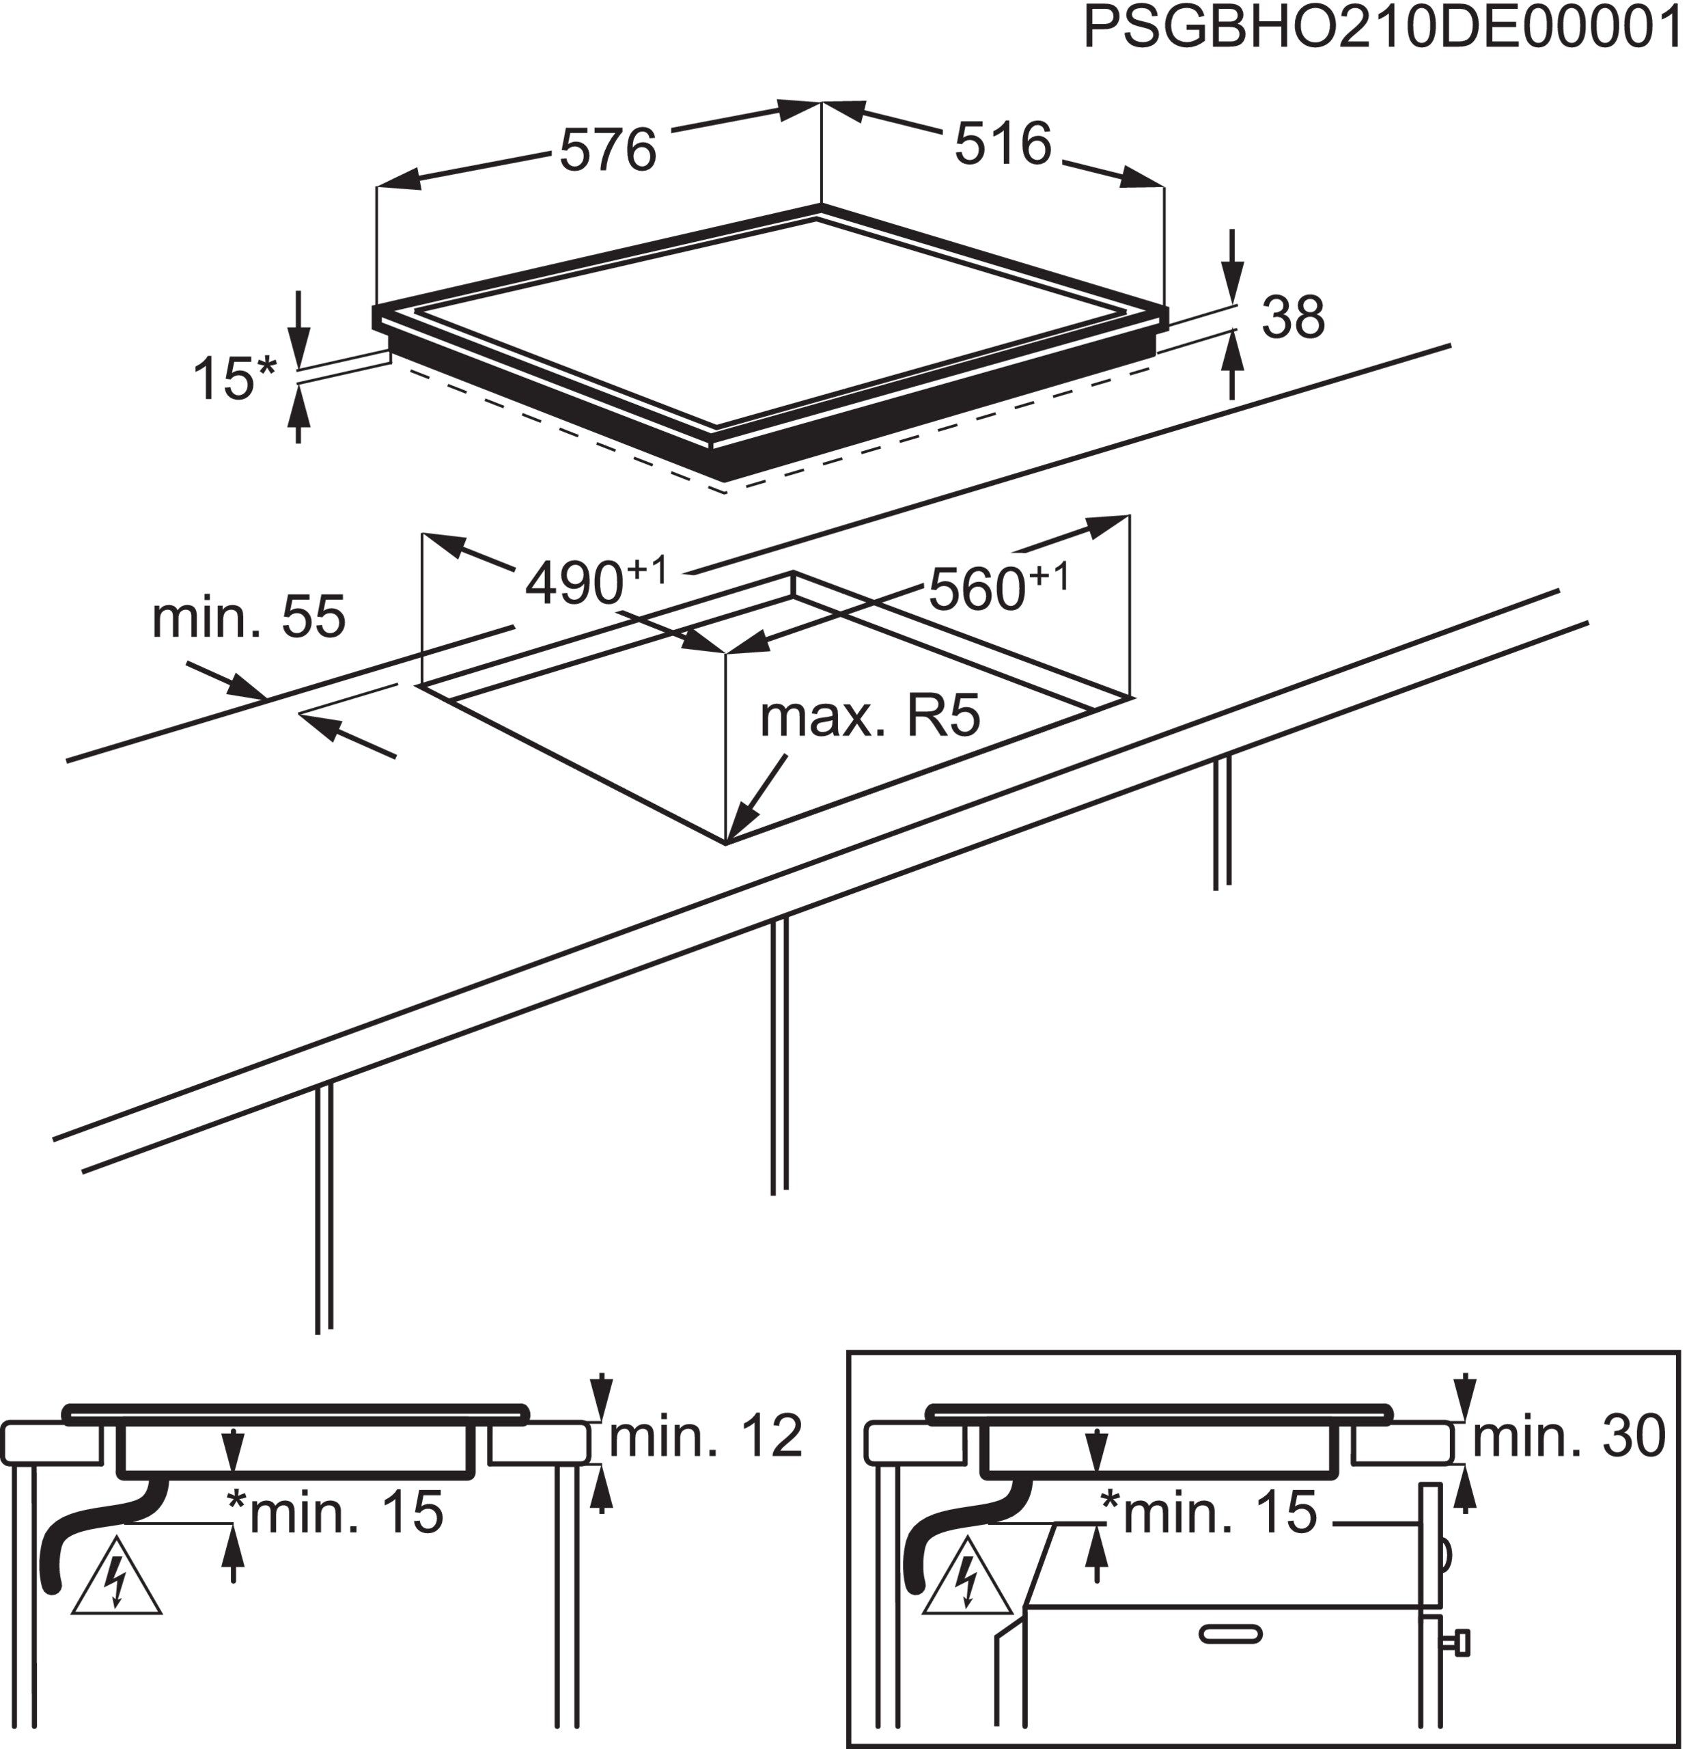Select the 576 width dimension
point(608,149)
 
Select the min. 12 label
point(705,1436)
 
